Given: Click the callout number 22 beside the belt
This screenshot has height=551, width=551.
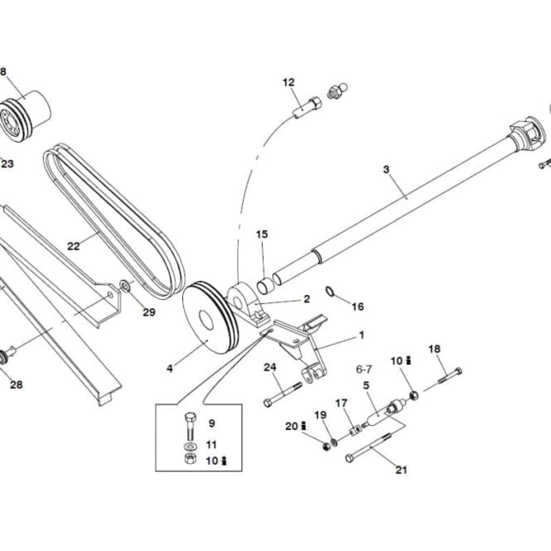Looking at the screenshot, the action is [x=73, y=246].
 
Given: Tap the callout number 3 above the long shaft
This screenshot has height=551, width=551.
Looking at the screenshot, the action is [x=386, y=169].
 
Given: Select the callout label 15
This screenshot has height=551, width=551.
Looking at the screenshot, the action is [x=262, y=234].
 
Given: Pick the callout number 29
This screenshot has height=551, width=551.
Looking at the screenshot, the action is [x=149, y=312].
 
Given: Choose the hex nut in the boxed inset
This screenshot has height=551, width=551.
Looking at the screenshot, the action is [x=189, y=459].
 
